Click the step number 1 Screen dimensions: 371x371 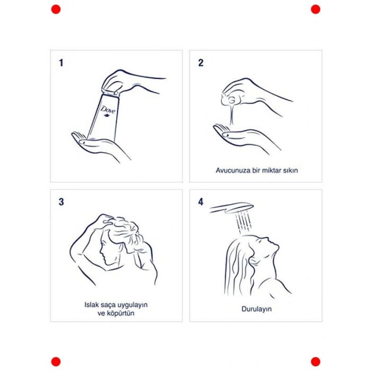(x=61, y=63)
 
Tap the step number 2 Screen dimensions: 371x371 (x=201, y=63)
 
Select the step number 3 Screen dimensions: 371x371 (x=61, y=202)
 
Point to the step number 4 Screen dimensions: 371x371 (x=201, y=202)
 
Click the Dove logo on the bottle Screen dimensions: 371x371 (x=108, y=111)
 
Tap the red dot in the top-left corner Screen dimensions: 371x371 (x=56, y=9)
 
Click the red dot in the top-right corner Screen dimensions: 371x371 (x=315, y=9)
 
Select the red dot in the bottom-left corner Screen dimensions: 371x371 (x=56, y=361)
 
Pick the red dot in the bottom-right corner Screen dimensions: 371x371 (x=315, y=361)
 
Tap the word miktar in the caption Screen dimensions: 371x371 (x=269, y=170)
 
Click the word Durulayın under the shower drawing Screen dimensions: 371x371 (x=257, y=309)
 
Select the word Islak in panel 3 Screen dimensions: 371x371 (x=91, y=305)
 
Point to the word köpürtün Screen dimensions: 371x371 (x=120, y=313)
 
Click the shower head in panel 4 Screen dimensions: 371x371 (x=232, y=207)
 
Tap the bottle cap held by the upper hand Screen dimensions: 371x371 (x=110, y=92)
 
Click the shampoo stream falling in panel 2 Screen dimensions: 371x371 (x=232, y=116)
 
